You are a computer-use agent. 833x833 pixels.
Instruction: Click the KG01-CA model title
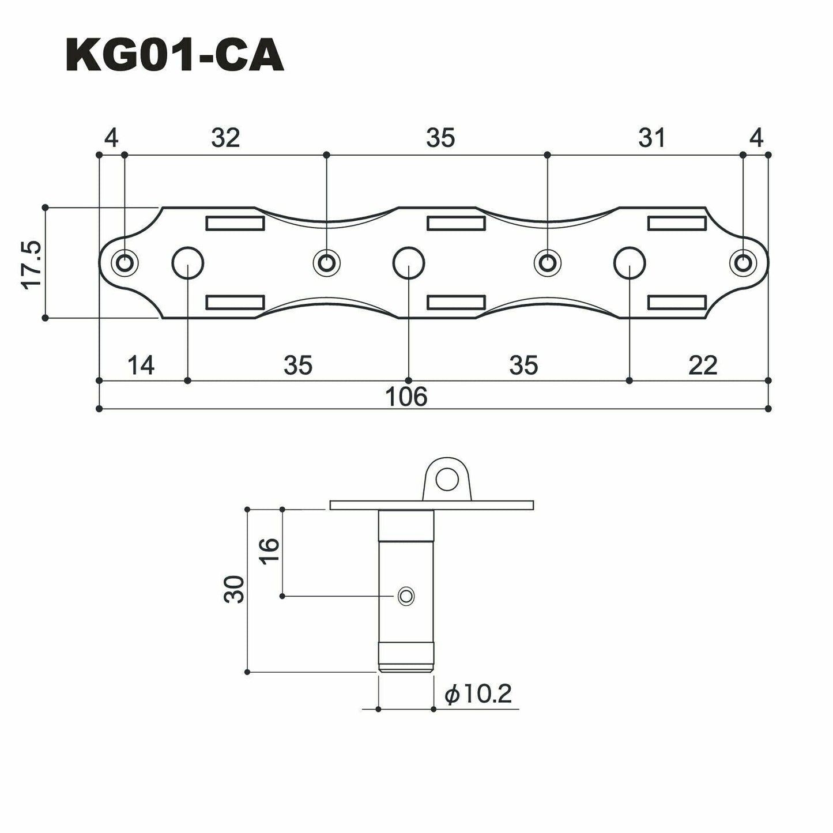pos(175,56)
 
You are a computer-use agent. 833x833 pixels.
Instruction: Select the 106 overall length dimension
pos(407,397)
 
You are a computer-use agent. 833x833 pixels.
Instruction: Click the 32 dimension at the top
pos(225,138)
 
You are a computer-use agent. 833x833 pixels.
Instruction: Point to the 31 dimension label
pos(652,138)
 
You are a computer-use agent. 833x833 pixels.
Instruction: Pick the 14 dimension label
pos(141,365)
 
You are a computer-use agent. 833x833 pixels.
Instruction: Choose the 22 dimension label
pos(703,365)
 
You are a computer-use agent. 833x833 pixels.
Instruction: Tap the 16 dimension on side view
pos(269,552)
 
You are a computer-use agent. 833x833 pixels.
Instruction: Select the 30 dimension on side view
pos(234,589)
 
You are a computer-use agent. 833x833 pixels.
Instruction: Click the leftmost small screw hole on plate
pos(124,263)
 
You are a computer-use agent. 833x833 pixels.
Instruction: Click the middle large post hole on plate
pos(408,263)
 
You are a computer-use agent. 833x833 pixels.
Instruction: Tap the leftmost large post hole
pos(188,263)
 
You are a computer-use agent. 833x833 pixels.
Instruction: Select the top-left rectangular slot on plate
pos(235,223)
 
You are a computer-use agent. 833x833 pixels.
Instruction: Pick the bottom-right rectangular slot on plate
pos(677,302)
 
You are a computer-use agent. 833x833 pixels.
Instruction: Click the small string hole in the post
pos(406,595)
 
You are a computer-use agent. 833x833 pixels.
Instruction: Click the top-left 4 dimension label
pos(111,138)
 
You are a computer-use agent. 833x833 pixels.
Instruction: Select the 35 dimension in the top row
pos(440,138)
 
